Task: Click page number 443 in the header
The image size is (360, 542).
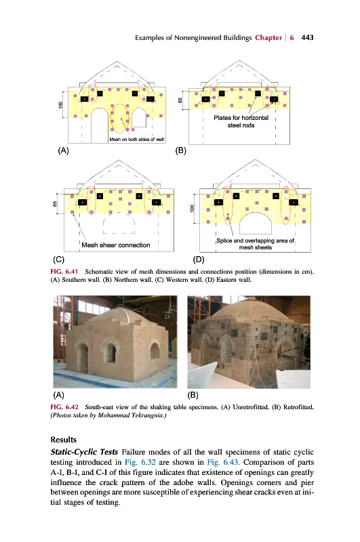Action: point(307,37)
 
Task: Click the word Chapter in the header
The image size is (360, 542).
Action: point(268,37)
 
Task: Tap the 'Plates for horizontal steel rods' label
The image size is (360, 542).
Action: point(241,121)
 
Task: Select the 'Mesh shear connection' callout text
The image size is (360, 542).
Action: point(116,245)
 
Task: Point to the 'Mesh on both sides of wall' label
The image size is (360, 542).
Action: point(136,140)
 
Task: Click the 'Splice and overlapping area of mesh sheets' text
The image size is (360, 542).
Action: point(255,244)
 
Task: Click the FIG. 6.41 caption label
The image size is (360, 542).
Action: point(64,272)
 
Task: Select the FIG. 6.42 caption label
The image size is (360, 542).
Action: point(64,407)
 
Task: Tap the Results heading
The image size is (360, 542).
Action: point(63,440)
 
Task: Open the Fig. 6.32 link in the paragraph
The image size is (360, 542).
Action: point(140,462)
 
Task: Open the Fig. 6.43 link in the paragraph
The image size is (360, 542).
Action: point(222,462)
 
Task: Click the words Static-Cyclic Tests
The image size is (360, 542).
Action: point(84,452)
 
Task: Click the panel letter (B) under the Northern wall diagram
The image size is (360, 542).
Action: point(180,150)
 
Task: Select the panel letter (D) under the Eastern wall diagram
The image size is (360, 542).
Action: point(199,259)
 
